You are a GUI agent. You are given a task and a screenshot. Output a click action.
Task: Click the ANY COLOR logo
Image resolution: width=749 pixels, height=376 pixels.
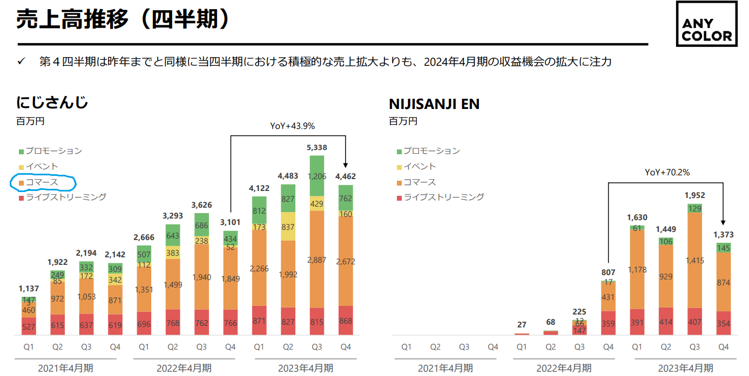coord(706,31)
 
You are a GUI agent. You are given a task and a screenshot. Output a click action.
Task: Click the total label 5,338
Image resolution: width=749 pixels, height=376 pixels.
coord(316,147)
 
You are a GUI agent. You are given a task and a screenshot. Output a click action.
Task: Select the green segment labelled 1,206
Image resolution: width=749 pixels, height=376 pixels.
coord(316,176)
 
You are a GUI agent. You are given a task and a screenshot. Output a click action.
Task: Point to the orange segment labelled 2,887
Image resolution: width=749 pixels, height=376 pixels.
coord(316,259)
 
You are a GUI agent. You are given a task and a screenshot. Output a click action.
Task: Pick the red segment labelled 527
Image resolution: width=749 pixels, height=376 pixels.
coord(29,326)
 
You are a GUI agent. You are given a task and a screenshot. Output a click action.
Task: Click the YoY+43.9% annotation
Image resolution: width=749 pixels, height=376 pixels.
coord(292,126)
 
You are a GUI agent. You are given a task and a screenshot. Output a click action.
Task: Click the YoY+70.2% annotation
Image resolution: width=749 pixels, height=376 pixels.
coord(667,173)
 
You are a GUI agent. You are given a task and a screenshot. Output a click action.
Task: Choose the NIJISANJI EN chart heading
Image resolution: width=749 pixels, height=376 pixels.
coord(434,104)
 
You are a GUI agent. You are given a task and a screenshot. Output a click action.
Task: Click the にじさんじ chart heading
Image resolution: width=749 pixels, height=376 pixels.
coord(52,102)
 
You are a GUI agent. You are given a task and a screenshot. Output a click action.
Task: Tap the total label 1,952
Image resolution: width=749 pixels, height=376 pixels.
coord(694,195)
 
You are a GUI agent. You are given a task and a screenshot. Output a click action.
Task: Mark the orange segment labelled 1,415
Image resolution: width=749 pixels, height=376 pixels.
coord(694,260)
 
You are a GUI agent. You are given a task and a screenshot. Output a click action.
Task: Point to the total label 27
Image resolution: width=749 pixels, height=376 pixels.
coord(522,325)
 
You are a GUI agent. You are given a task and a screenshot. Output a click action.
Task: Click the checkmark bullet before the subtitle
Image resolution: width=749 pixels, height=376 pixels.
coord(22,61)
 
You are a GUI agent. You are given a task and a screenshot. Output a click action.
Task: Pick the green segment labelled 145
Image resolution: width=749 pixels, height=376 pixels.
coord(723,248)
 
